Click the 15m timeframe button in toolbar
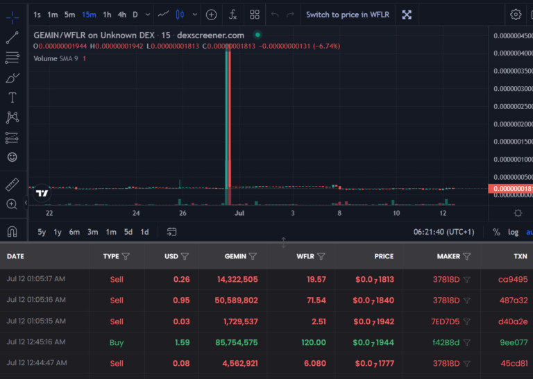point(89,15)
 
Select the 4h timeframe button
point(122,15)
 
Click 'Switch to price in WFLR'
point(348,15)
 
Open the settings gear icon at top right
point(516,15)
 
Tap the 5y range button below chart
point(42,232)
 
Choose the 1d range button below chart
point(144,232)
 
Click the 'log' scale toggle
point(513,232)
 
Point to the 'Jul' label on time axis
point(239,213)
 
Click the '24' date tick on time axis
point(136,213)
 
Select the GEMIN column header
point(235,256)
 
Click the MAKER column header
point(448,256)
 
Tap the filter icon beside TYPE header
point(126,256)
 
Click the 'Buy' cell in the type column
point(117,342)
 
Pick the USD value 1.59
point(183,342)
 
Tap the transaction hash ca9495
point(513,280)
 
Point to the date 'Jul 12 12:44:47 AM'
point(36,363)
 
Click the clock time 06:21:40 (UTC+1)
point(444,232)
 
